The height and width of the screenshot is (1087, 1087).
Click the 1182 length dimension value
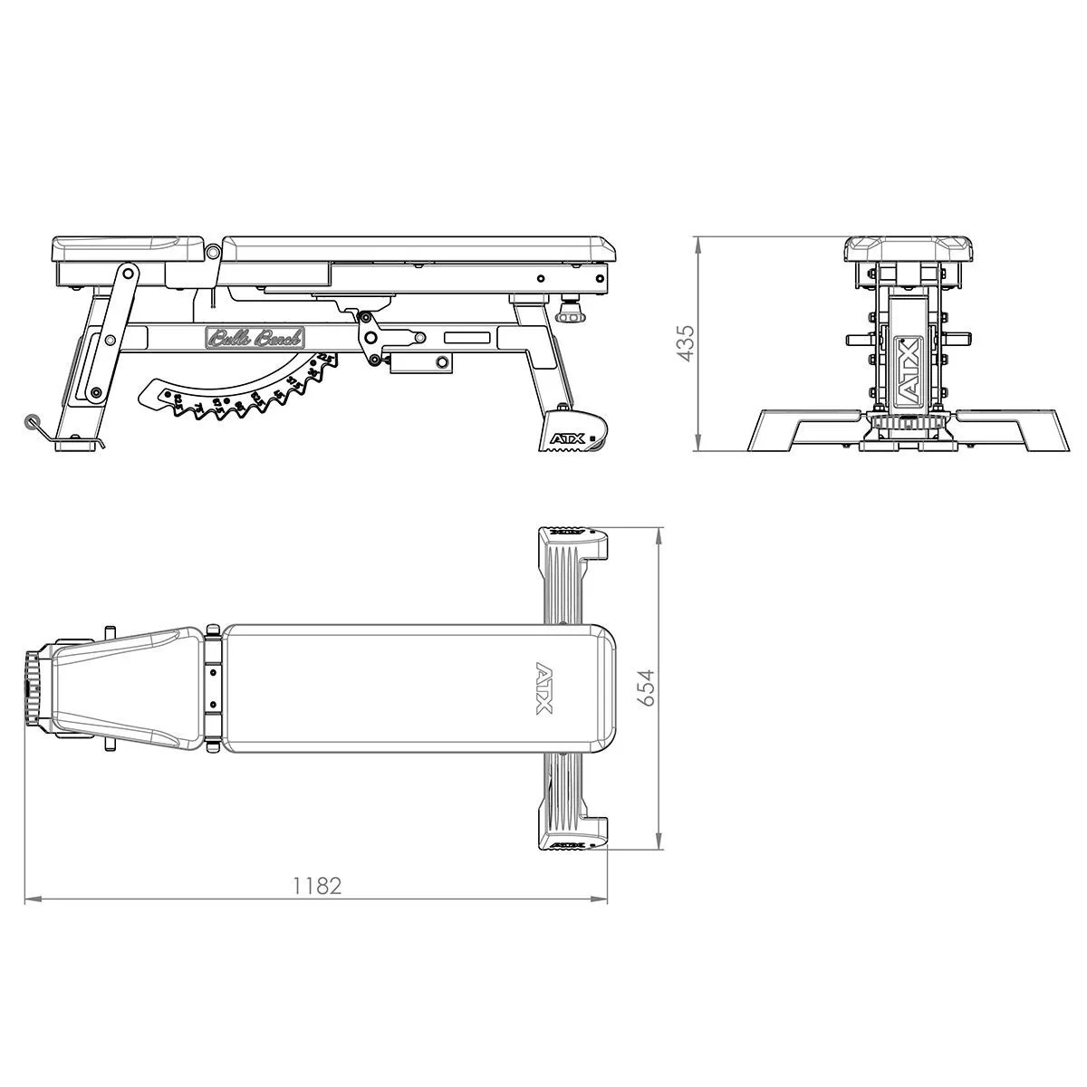pyautogui.click(x=317, y=885)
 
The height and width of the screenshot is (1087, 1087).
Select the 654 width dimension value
pyautogui.click(x=644, y=690)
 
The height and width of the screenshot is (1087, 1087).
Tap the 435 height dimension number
pyautogui.click(x=685, y=343)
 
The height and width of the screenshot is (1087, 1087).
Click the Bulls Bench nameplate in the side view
pyautogui.click(x=255, y=339)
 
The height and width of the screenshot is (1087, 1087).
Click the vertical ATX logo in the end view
pyautogui.click(x=907, y=370)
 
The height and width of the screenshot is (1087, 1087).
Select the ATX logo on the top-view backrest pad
pyautogui.click(x=544, y=688)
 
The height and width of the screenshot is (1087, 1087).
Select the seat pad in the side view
pyautogui.click(x=127, y=247)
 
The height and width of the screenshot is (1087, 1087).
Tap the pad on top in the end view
pyautogui.click(x=909, y=248)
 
